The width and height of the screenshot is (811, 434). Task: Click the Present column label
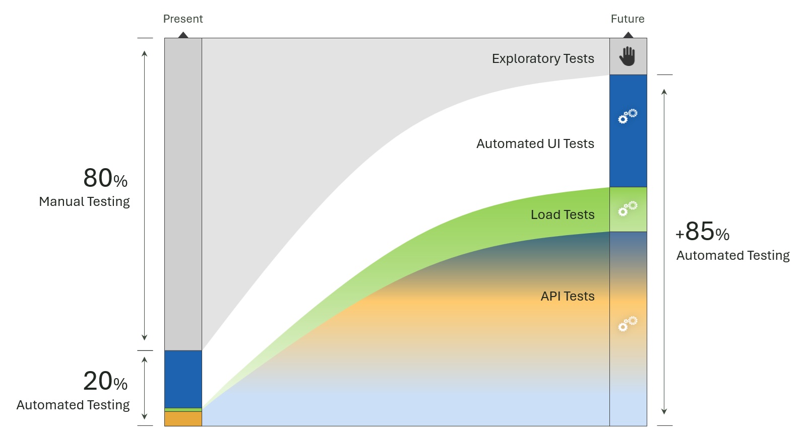tap(183, 19)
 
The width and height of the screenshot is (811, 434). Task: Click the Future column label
tap(628, 19)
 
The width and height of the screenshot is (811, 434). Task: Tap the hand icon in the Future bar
tap(628, 56)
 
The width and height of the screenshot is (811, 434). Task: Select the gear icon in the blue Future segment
tap(628, 116)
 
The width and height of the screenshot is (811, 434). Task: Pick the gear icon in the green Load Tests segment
tap(628, 208)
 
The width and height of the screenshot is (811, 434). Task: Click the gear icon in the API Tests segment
tap(628, 323)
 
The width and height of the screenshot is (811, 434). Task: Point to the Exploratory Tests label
tap(543, 59)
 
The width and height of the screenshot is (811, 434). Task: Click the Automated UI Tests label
tap(535, 144)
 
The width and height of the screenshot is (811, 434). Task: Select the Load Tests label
tap(563, 215)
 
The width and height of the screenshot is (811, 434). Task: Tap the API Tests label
tap(568, 297)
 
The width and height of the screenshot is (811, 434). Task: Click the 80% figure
tap(105, 178)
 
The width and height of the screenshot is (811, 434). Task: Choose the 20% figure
tap(105, 381)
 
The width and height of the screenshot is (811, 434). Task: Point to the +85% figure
tap(703, 232)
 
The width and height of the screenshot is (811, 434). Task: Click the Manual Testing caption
tap(84, 202)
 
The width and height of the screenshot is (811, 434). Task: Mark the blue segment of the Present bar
tap(183, 379)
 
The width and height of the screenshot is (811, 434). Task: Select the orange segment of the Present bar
tap(183, 418)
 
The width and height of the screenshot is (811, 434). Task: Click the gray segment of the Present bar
tap(183, 194)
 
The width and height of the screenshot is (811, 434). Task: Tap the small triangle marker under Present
tap(183, 35)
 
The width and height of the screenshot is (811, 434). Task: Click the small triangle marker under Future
tap(628, 35)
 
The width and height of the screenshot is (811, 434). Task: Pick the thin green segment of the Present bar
tap(183, 410)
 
